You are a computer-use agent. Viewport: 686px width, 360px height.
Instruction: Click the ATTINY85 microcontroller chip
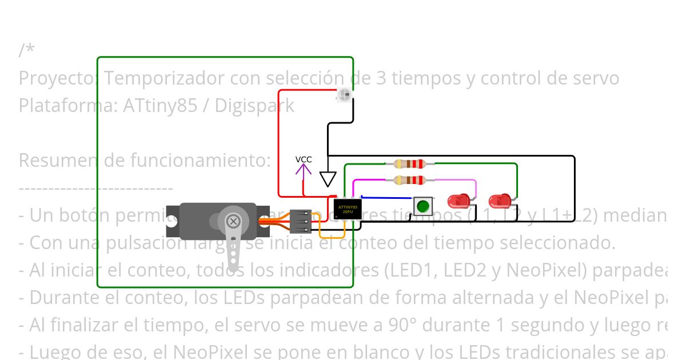click(348, 209)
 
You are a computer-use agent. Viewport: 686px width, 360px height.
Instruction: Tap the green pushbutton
click(422, 206)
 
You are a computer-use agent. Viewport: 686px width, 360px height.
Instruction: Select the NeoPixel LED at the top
click(344, 95)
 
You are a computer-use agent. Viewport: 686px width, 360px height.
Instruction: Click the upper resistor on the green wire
click(410, 164)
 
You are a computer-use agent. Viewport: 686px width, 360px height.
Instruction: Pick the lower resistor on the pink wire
click(410, 181)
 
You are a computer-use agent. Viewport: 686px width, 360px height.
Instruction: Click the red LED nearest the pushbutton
click(458, 201)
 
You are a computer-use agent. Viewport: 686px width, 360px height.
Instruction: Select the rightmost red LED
click(499, 201)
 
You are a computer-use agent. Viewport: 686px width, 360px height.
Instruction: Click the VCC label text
click(304, 159)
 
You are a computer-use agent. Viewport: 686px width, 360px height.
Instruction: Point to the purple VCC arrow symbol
click(304, 171)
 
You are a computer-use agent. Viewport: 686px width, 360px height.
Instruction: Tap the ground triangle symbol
click(328, 179)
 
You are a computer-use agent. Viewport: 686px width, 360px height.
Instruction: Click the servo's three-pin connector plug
click(301, 222)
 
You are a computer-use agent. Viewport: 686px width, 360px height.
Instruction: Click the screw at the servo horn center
click(233, 221)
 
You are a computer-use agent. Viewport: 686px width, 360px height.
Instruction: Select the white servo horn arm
click(234, 249)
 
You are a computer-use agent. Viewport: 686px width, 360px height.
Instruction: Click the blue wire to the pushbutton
click(389, 198)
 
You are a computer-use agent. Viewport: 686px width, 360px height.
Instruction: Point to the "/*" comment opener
click(26, 50)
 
